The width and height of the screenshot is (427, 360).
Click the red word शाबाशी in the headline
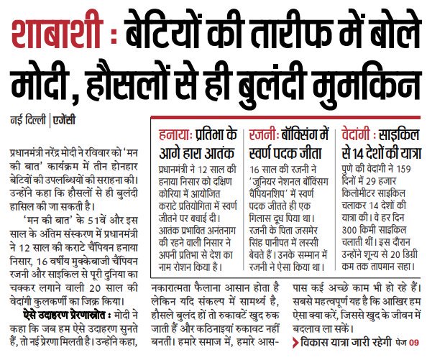tap(54, 32)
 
